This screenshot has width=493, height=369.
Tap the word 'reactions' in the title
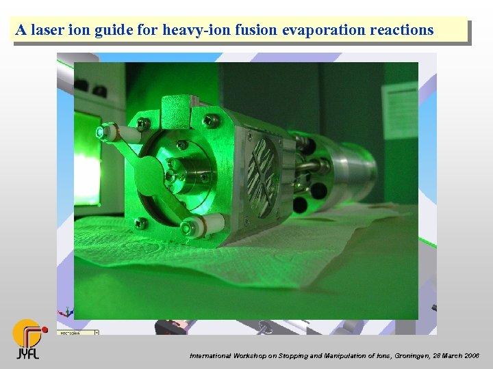point(401,30)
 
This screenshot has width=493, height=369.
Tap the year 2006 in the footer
point(470,356)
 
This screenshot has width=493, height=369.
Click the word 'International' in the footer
point(210,356)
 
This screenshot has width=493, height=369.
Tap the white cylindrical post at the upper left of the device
point(112,131)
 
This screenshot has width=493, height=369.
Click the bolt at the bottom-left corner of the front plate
point(141,223)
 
